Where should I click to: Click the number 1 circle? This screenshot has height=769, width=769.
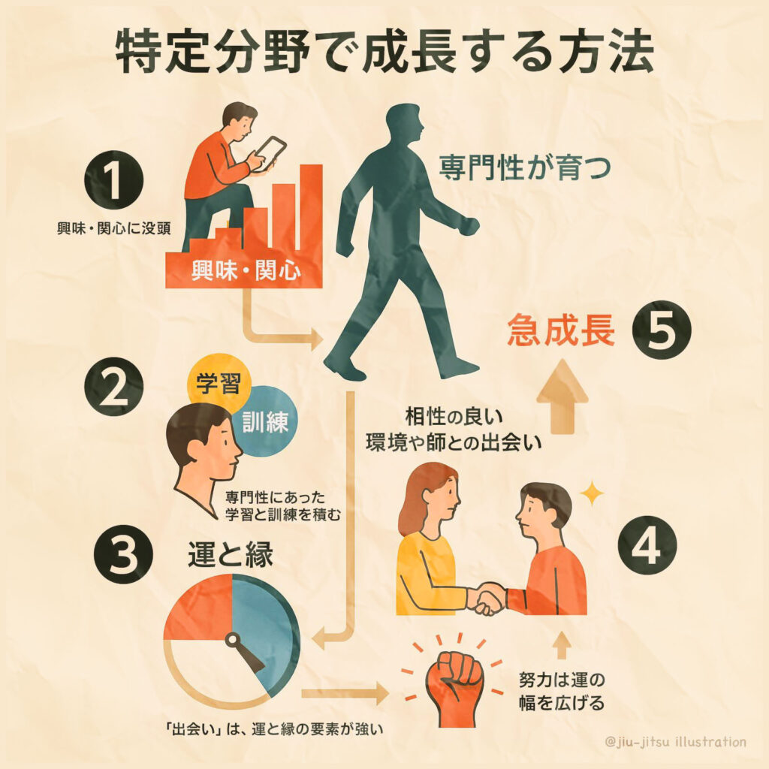(113, 180)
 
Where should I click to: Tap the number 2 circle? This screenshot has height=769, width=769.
(113, 387)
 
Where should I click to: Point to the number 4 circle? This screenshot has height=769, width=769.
(647, 546)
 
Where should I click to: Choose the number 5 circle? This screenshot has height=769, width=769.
(661, 329)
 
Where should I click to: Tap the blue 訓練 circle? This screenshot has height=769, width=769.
(265, 421)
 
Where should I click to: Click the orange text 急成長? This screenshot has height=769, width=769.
(561, 330)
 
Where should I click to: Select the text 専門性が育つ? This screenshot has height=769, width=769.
(524, 167)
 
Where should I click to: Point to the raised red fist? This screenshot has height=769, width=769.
(454, 687)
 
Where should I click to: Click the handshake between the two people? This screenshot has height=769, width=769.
(486, 599)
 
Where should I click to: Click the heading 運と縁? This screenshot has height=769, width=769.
(231, 555)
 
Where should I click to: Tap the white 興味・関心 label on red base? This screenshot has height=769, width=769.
(246, 270)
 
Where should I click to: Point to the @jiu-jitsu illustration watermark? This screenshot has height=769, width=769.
(676, 740)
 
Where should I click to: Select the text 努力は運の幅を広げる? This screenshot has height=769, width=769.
(562, 692)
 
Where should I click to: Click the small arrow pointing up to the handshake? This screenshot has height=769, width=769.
(562, 645)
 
